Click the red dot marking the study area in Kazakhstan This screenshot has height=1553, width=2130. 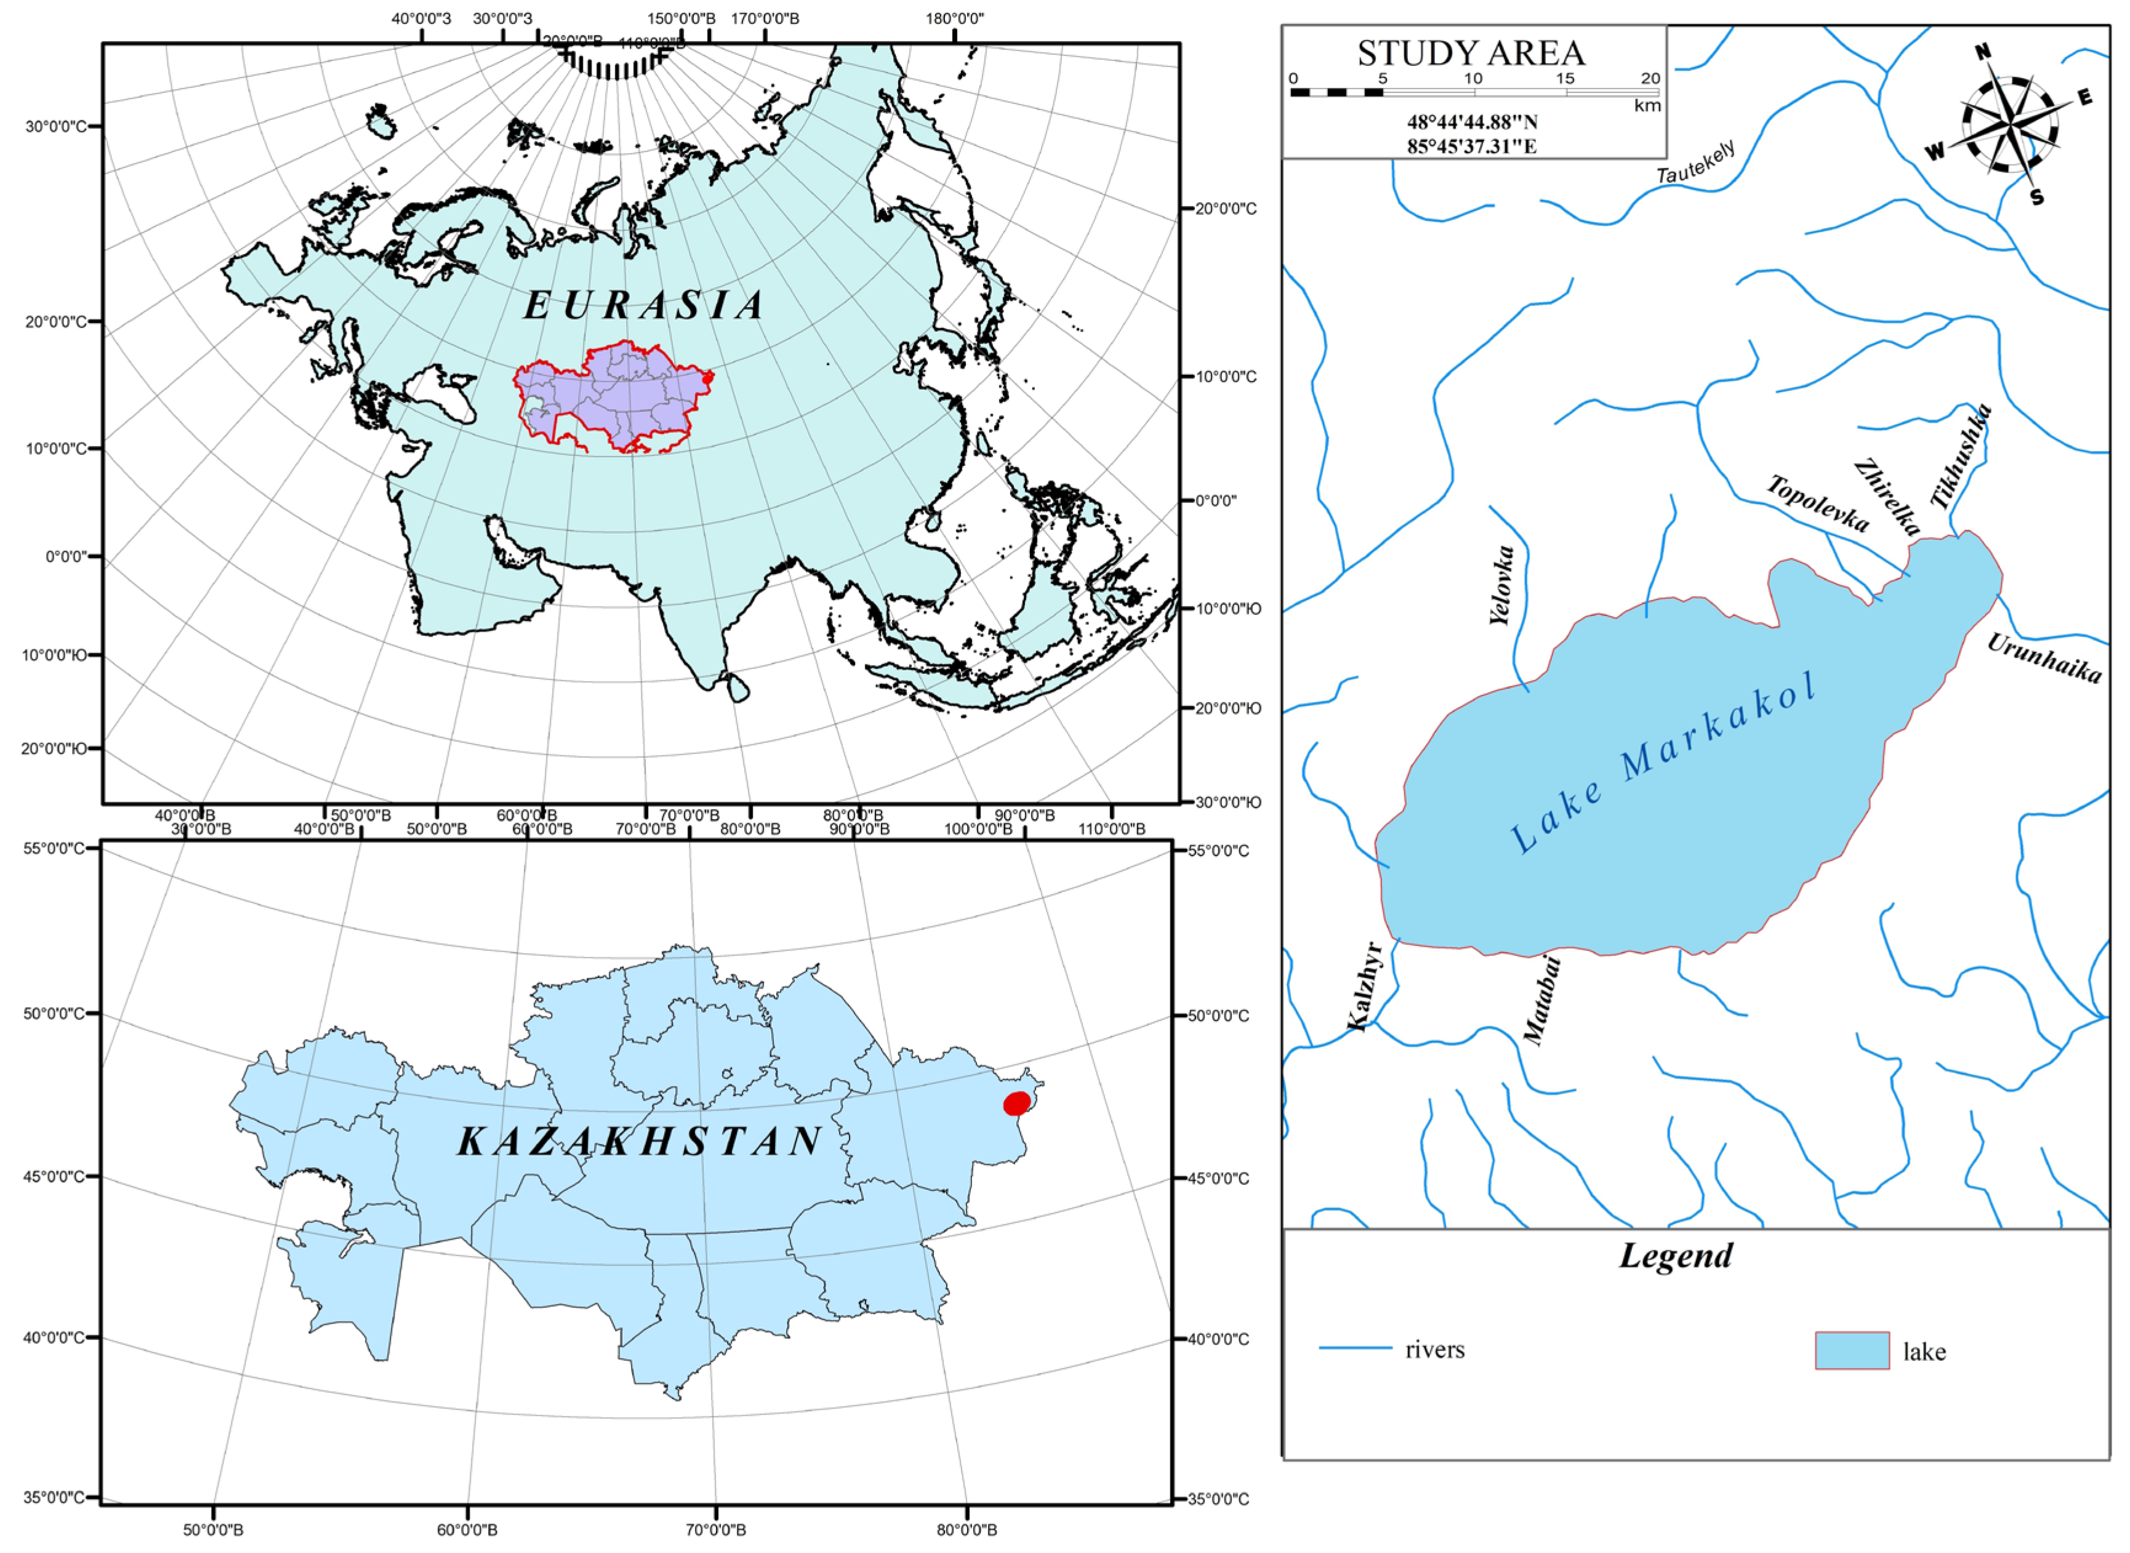(1016, 1104)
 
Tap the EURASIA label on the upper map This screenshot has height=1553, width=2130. (644, 305)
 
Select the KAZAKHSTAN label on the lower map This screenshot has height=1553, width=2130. (641, 1141)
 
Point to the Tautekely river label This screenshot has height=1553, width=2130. (1696, 163)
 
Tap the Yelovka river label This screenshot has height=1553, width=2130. (1502, 585)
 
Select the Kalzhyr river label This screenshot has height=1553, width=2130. (1364, 986)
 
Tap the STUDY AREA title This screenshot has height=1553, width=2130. (1471, 54)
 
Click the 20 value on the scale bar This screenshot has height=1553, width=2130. (1650, 79)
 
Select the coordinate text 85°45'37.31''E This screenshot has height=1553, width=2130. (1471, 146)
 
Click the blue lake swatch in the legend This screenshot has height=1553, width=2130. (1851, 1350)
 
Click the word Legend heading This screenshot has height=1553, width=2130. (1675, 1256)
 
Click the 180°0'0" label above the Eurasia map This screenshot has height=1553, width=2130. (954, 18)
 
